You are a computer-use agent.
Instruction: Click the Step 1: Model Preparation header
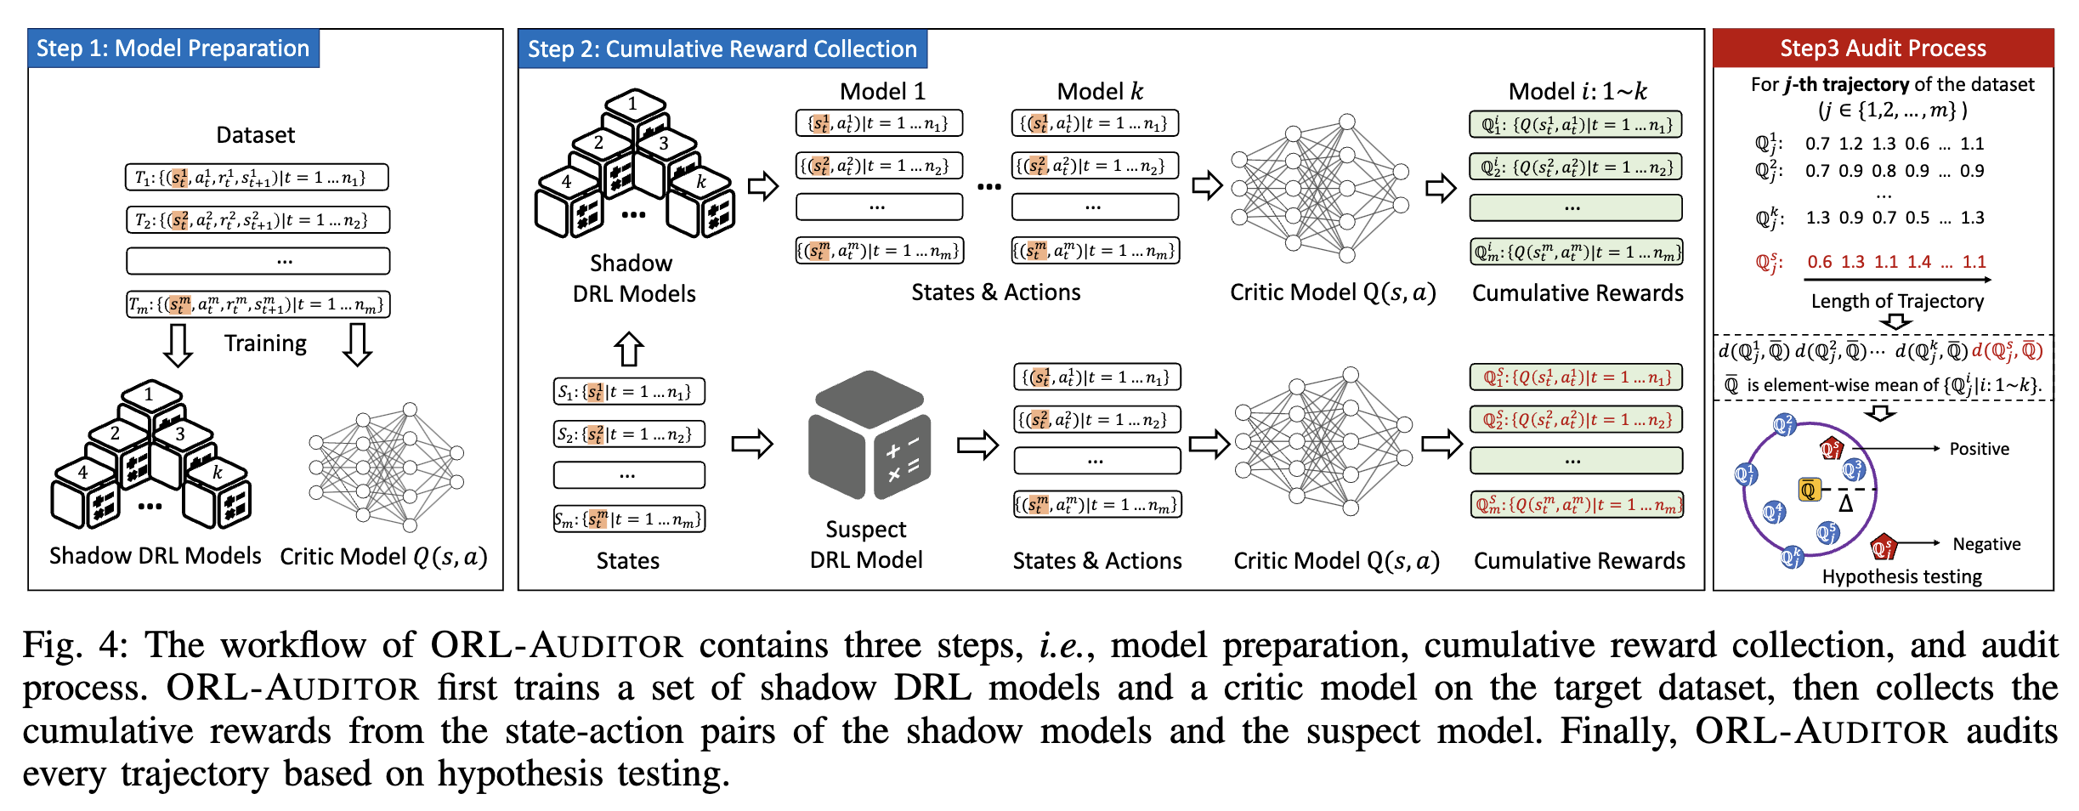coord(173,48)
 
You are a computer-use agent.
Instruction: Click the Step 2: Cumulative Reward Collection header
coord(722,49)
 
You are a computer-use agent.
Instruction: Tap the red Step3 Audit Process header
coord(1883,48)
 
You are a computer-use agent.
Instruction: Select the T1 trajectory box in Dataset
coord(257,178)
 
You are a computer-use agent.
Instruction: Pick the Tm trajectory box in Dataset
coord(258,304)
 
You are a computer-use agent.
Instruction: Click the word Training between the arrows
coord(265,343)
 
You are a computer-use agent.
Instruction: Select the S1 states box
coord(628,392)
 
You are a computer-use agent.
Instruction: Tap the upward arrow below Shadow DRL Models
coord(629,349)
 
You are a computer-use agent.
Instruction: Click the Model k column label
coord(1100,91)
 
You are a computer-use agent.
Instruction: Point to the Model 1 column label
coord(882,91)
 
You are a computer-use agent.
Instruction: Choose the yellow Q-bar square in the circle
coord(1809,490)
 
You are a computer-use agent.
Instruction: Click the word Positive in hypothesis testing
coord(1979,449)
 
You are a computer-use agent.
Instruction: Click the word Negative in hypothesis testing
coord(1986,544)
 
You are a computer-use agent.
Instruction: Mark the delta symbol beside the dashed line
coord(1845,504)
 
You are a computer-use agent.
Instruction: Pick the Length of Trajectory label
coord(1897,301)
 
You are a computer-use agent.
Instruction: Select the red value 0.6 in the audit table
coord(1820,262)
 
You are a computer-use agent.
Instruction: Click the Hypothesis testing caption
coord(1901,576)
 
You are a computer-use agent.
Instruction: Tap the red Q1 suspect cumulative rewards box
coord(1576,377)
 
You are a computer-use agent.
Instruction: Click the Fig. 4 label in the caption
coord(75,645)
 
